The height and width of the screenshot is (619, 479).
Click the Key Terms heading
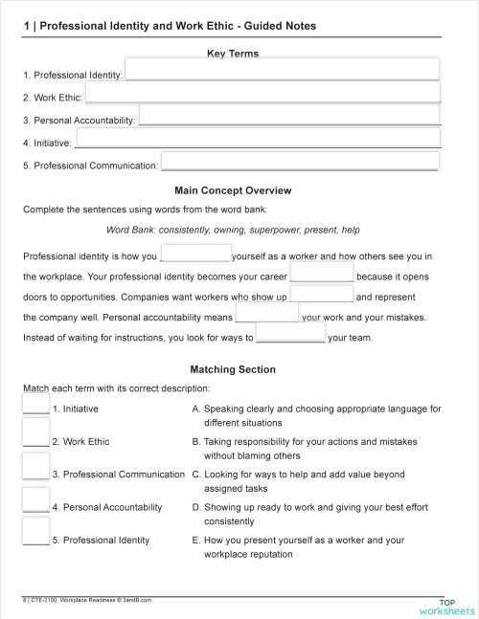point(233,54)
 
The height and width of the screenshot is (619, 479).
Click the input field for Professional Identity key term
point(282,69)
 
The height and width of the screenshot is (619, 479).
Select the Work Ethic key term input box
point(262,92)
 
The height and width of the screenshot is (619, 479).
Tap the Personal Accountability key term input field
point(288,116)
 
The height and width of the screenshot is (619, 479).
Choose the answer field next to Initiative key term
point(257,139)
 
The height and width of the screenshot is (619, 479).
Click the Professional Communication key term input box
point(299,162)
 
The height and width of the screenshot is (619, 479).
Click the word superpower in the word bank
point(276,230)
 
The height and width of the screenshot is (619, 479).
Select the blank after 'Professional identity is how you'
point(195,254)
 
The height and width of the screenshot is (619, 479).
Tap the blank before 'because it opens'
point(322,275)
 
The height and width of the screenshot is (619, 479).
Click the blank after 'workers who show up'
point(321,296)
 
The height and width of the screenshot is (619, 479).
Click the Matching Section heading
point(233,369)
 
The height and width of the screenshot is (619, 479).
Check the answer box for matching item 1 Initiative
point(35,404)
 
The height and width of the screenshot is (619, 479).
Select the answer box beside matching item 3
point(35,467)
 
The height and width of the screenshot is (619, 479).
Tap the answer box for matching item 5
point(35,532)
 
